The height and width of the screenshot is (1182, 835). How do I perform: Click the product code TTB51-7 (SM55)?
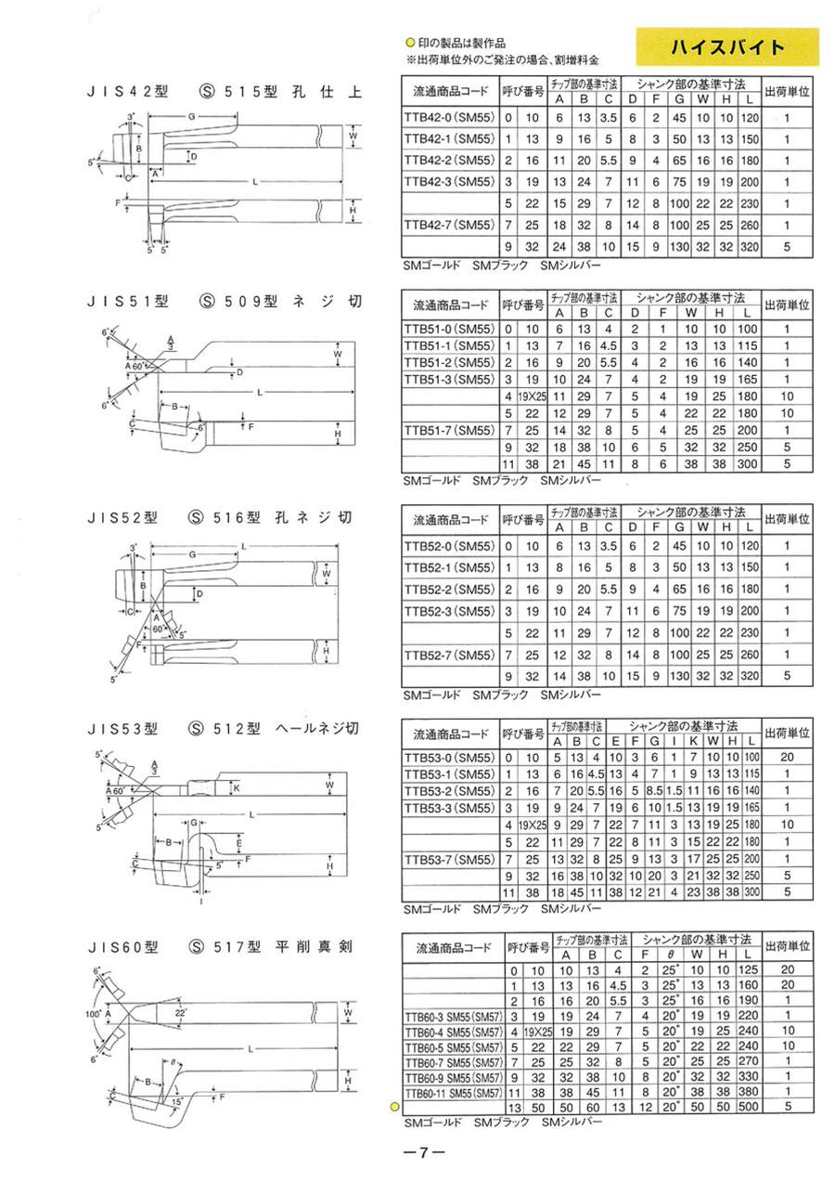pos(451,431)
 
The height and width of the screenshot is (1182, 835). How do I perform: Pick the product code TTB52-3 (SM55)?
pos(451,611)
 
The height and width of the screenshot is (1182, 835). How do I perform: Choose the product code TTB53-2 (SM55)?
pos(451,790)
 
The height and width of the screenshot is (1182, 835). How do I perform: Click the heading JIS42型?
pos(122,92)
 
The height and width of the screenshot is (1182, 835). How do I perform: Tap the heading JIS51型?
pos(122,302)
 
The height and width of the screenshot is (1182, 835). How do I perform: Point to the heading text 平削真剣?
pos(315,946)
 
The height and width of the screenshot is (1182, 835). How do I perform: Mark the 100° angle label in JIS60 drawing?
pos(93,1015)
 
